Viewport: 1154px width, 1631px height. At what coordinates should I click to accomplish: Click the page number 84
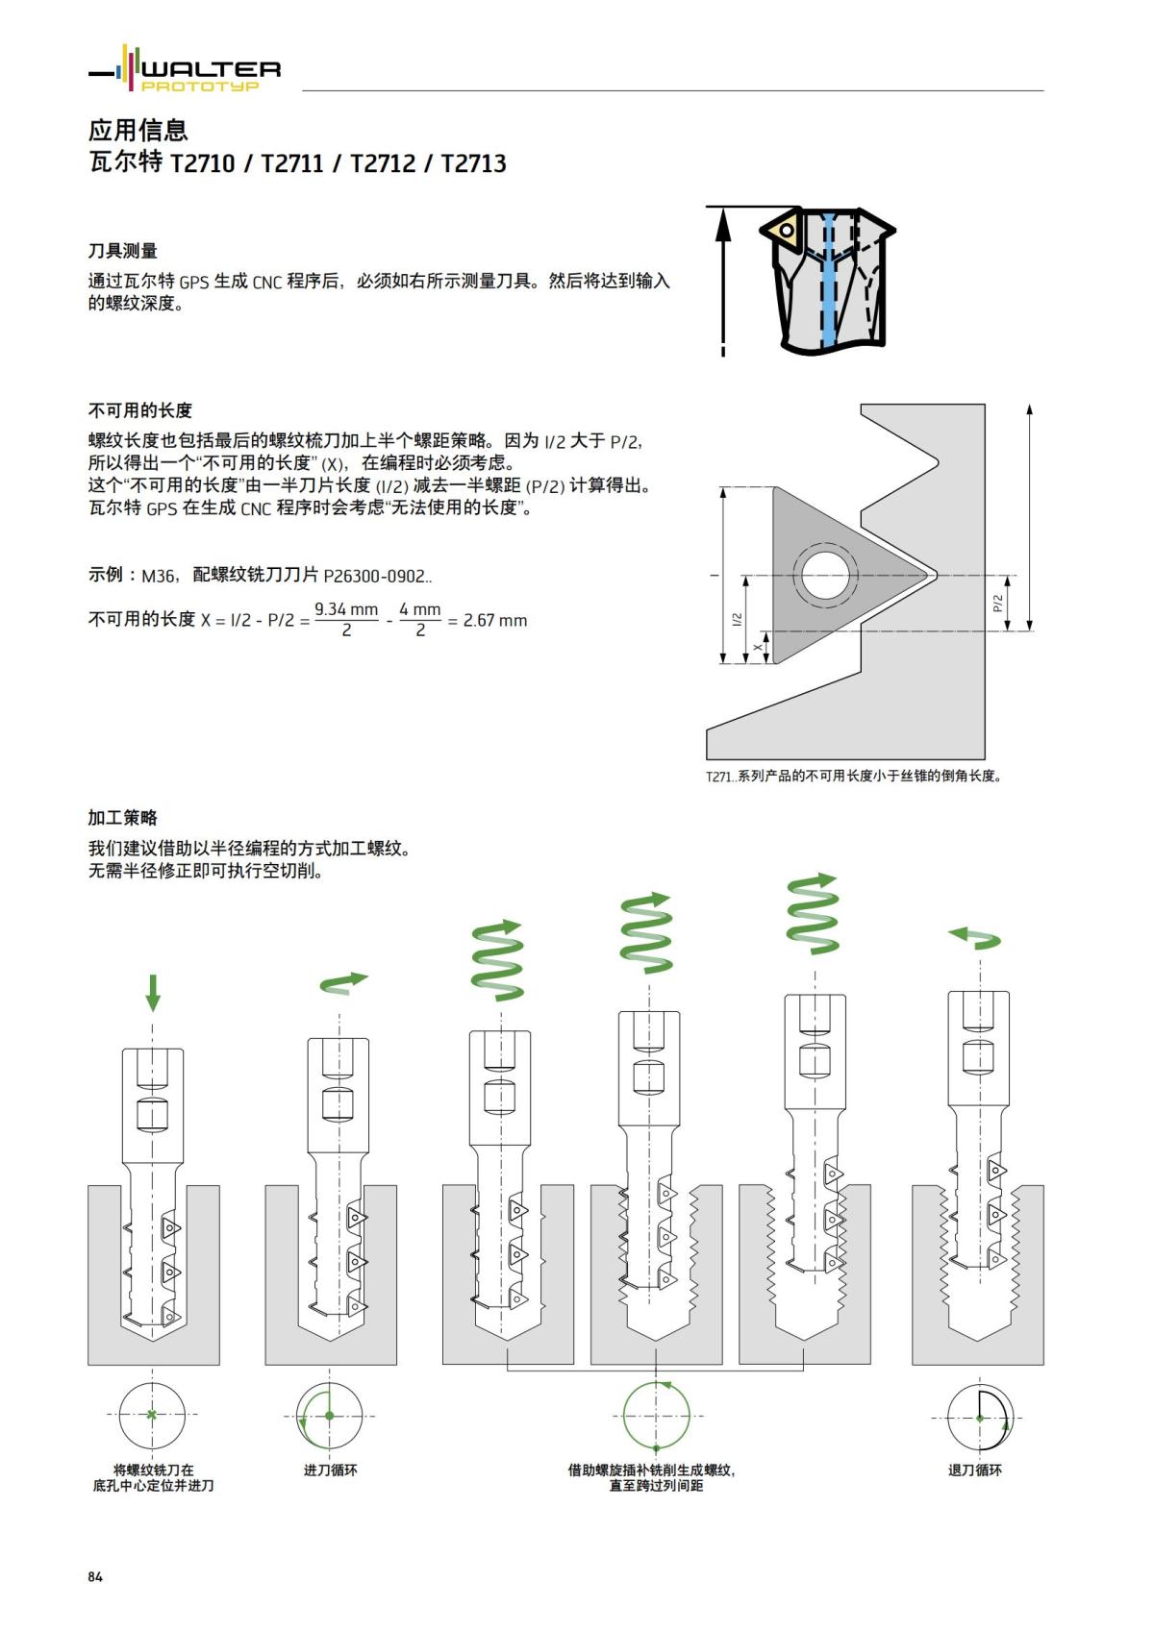94,1577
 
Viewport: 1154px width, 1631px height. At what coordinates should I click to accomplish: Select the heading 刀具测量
122,251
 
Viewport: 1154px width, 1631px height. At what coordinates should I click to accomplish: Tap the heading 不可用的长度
139,410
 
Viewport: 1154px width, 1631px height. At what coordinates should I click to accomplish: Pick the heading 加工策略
122,818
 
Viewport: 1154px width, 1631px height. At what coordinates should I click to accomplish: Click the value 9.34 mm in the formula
346,609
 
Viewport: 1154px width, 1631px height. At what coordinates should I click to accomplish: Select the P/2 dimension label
997,604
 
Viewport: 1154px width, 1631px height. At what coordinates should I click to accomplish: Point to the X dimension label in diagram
758,648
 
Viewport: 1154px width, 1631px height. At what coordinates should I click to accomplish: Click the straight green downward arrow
152,992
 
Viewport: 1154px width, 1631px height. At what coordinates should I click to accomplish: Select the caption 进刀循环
330,1470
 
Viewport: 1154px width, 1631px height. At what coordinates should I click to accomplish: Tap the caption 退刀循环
974,1470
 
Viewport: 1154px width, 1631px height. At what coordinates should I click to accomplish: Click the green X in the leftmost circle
152,1415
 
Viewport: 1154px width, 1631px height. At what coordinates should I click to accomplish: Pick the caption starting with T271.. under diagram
854,776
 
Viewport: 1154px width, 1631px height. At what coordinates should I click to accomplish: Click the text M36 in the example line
159,576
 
